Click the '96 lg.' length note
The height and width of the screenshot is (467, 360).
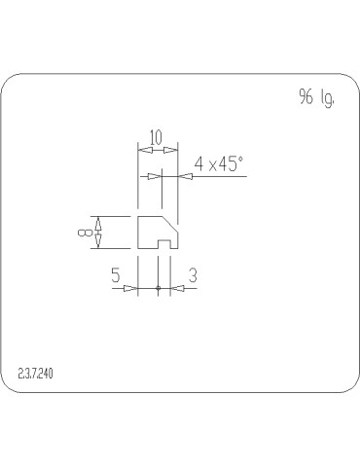pos(316,97)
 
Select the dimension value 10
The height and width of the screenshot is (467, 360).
pos(156,136)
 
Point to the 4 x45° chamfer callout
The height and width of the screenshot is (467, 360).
pos(218,164)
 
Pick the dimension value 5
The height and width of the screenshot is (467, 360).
pos(115,276)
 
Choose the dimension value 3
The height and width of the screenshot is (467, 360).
pos(193,276)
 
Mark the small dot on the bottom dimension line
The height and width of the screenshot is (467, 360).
pos(158,288)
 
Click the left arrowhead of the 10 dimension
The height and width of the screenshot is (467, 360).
pos(142,150)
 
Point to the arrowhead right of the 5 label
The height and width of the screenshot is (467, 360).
pos(131,288)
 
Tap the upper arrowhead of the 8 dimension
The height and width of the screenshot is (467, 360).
pos(98,221)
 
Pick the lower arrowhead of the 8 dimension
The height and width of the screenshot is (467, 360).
pos(98,241)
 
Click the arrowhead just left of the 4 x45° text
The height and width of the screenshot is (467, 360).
pos(185,176)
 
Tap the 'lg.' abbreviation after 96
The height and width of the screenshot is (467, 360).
pos(328,98)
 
